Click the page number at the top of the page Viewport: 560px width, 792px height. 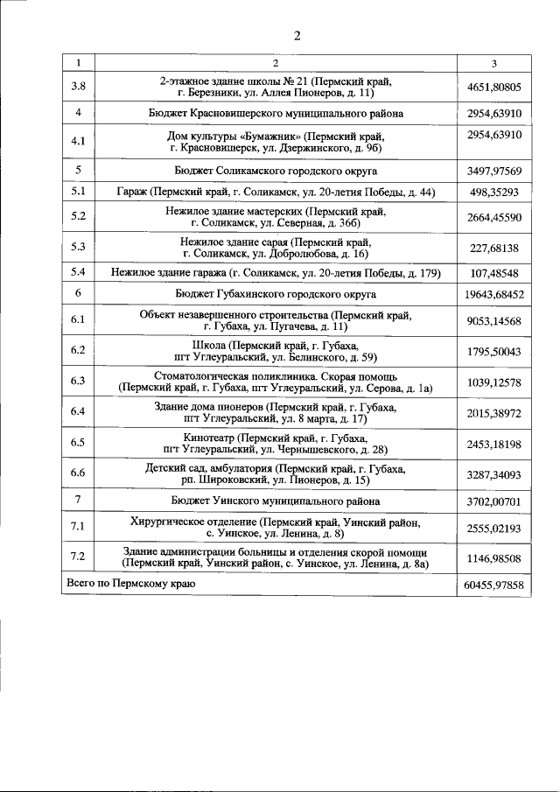pos(297,36)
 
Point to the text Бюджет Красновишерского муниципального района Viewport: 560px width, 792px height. pos(276,114)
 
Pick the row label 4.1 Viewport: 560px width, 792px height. pos(78,141)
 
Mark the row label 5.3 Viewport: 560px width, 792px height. pos(78,248)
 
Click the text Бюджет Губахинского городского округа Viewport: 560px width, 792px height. pos(276,294)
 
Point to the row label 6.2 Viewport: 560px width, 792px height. pos(78,351)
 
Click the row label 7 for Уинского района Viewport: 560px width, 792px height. pos(78,501)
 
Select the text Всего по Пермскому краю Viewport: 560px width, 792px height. pos(131,583)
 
